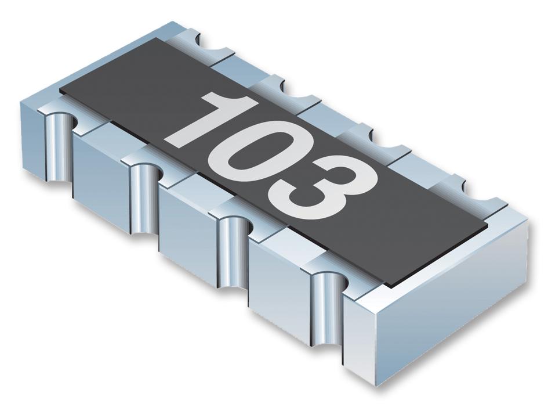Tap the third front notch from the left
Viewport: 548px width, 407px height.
coord(232,250)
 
